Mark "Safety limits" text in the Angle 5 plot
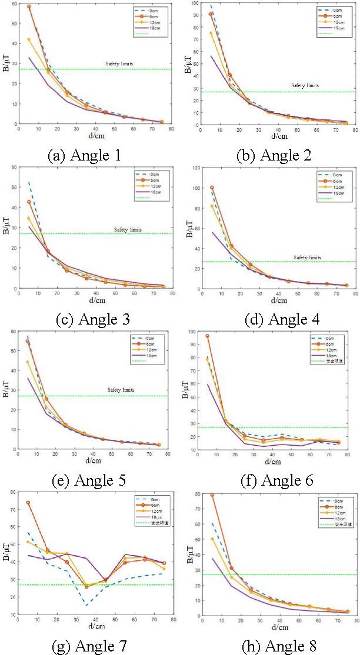click(122, 390)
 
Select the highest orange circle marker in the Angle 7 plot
click(28, 503)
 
